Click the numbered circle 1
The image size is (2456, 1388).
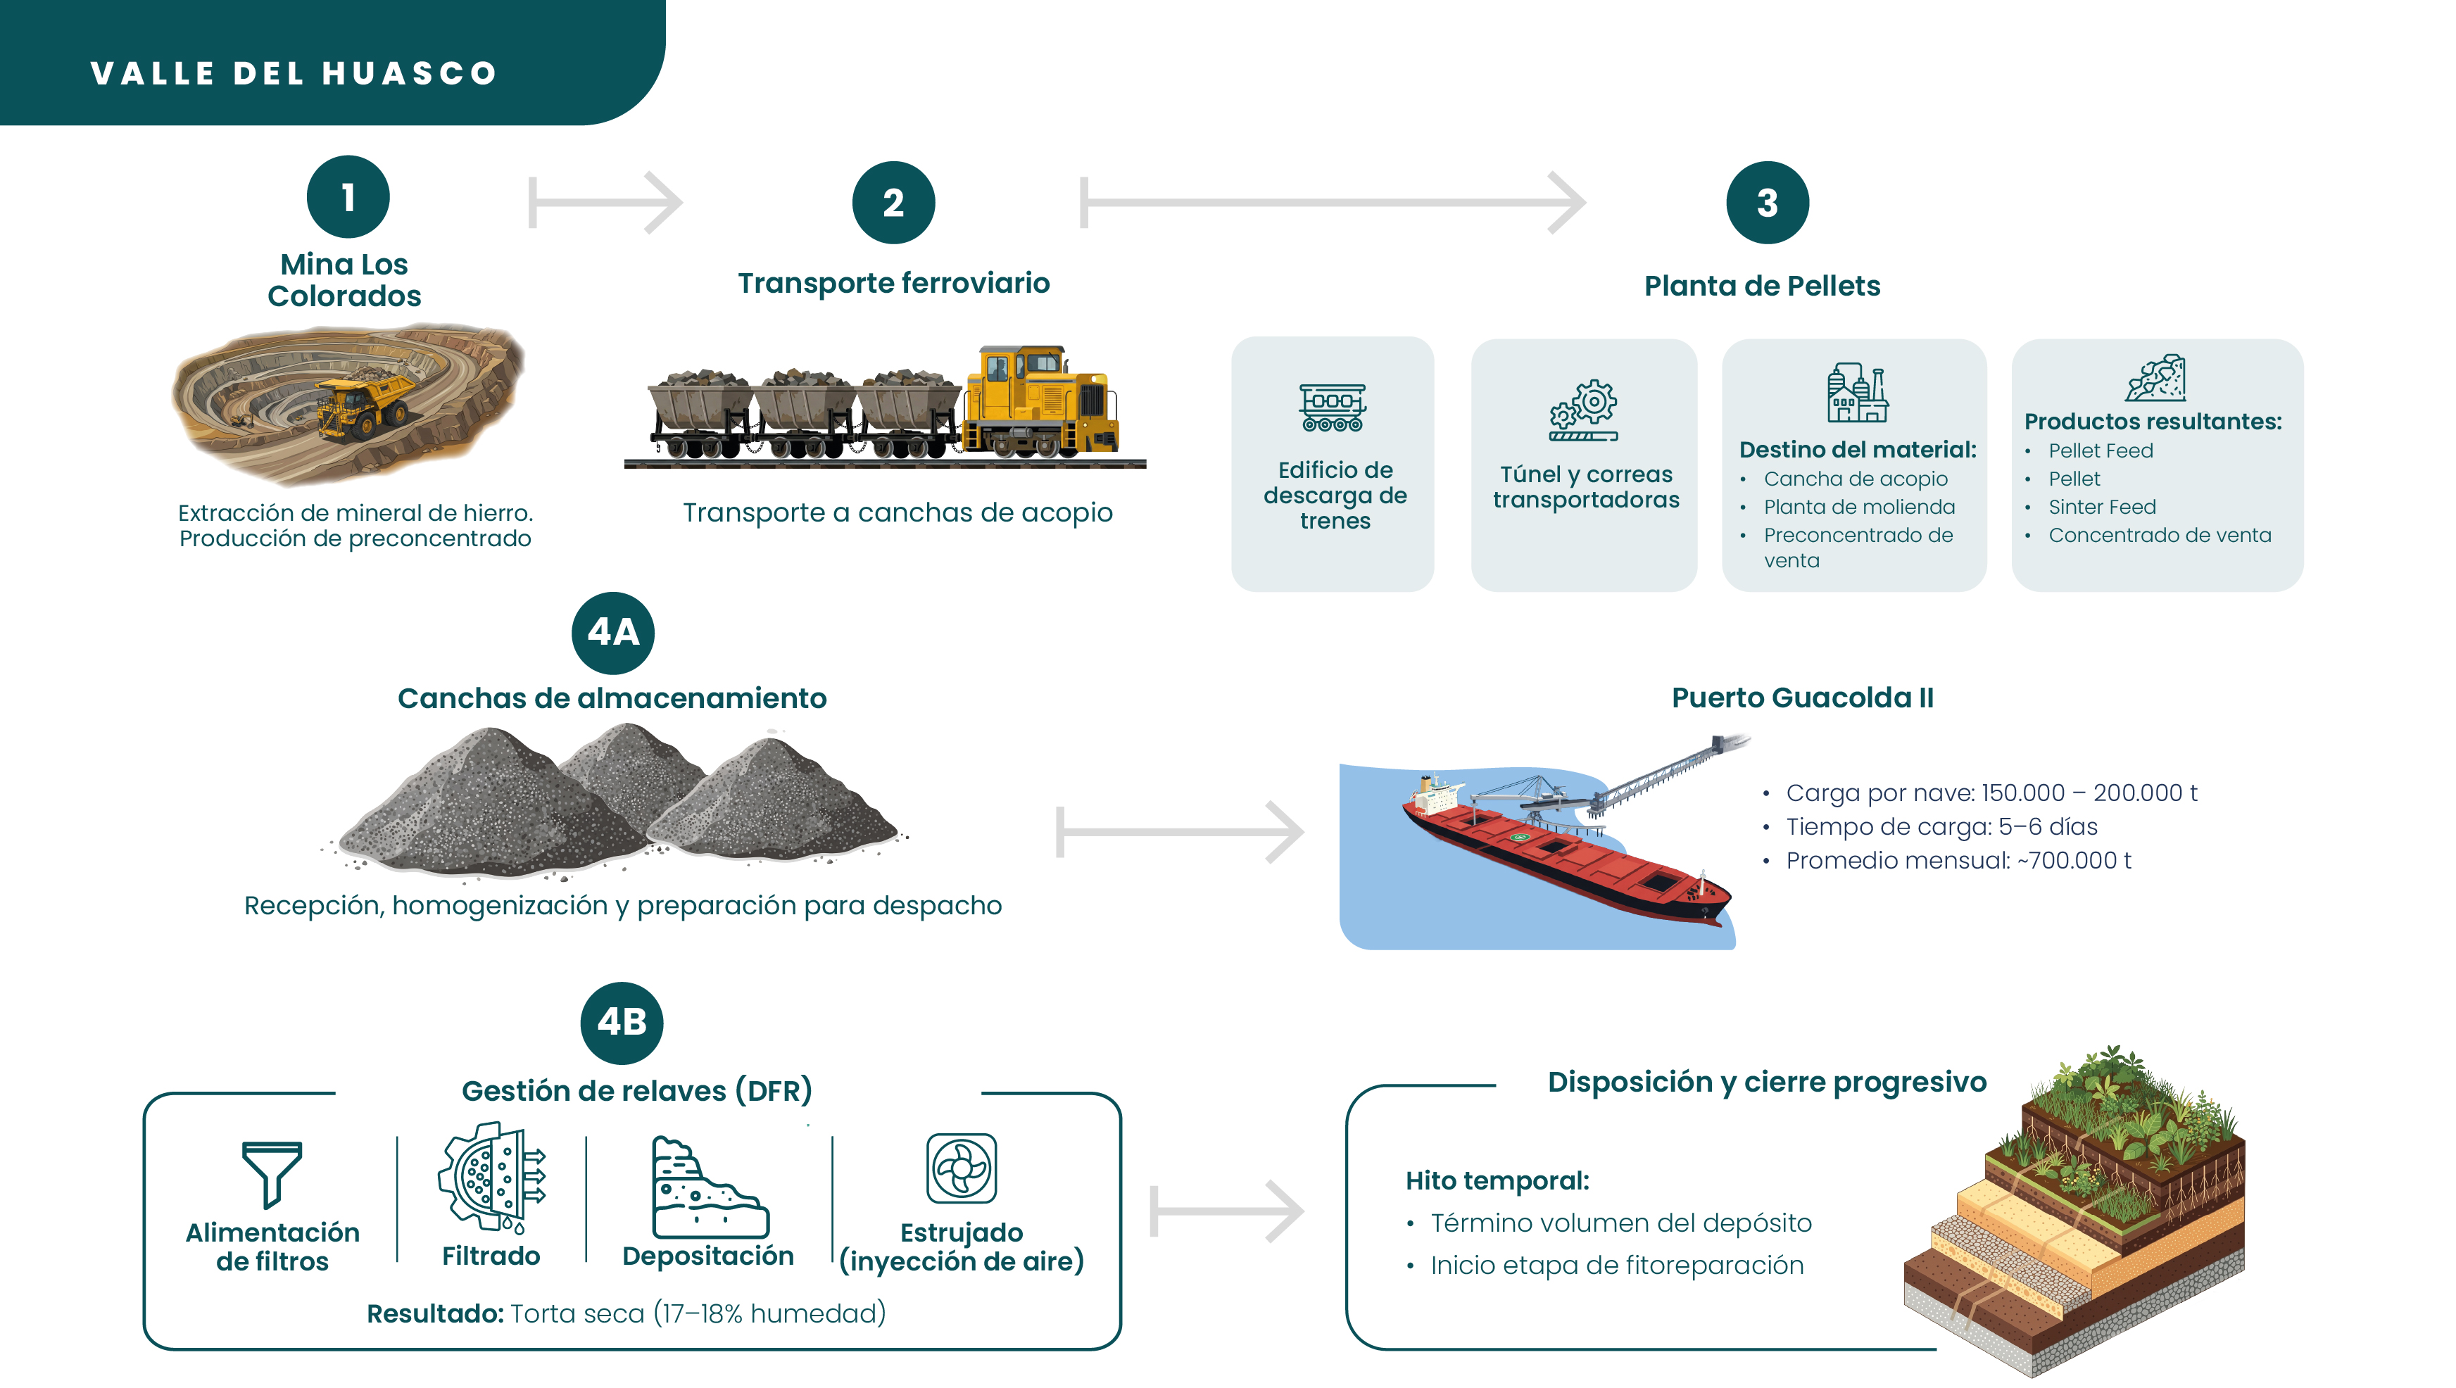point(348,196)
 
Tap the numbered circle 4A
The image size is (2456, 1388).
point(612,632)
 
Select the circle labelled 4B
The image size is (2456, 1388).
point(622,1023)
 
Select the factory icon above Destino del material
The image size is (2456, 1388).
point(1856,393)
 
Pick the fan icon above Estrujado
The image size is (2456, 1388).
point(961,1168)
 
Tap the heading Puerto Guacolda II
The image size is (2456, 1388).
point(1802,698)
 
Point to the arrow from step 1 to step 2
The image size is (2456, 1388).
point(605,202)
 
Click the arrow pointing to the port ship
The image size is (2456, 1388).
point(1179,832)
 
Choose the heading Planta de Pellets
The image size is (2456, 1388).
point(1761,286)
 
